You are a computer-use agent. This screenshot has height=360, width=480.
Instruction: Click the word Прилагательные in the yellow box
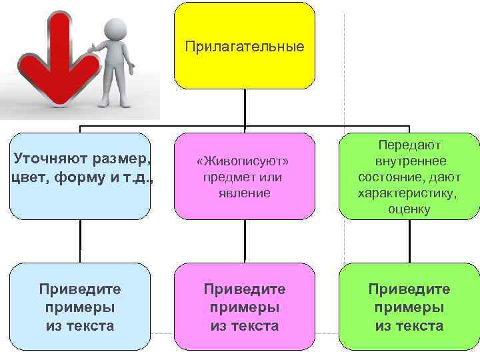(x=245, y=47)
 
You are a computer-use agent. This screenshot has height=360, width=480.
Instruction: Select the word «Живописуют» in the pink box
(x=244, y=163)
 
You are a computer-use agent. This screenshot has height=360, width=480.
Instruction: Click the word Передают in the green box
(x=410, y=145)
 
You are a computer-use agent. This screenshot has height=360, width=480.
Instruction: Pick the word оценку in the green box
(x=410, y=209)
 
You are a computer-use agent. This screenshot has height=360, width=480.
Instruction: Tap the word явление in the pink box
(x=244, y=193)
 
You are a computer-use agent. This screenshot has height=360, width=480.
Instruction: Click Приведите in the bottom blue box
(x=80, y=289)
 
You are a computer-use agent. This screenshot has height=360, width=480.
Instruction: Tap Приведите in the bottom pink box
(x=244, y=289)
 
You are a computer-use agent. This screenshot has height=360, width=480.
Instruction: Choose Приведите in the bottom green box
(x=409, y=289)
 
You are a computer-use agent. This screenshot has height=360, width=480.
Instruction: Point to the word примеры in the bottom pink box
(x=244, y=307)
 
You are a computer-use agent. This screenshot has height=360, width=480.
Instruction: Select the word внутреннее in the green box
(x=410, y=161)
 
